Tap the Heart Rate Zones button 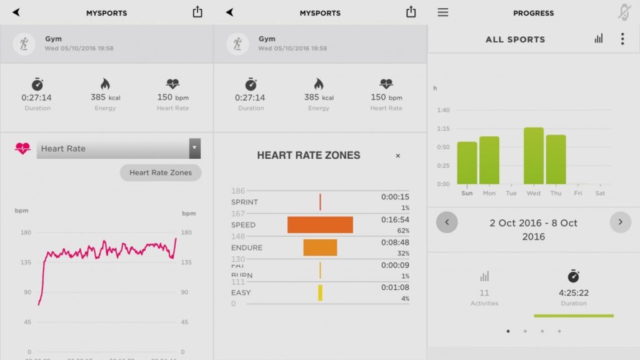161,172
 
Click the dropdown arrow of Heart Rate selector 195,149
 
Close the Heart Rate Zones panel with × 398,156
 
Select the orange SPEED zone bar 320,225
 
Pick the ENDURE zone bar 320,247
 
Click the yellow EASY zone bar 320,292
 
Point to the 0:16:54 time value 395,220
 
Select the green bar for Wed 533,156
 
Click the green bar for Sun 467,162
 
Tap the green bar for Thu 556,159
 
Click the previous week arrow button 447,222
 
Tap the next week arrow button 620,222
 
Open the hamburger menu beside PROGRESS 442,12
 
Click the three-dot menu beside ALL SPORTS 622,39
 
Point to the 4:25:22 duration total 573,292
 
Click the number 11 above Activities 484,292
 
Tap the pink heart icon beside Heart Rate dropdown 22,149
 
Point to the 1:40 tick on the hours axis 442,110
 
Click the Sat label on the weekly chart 600,193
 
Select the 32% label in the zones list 404,254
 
